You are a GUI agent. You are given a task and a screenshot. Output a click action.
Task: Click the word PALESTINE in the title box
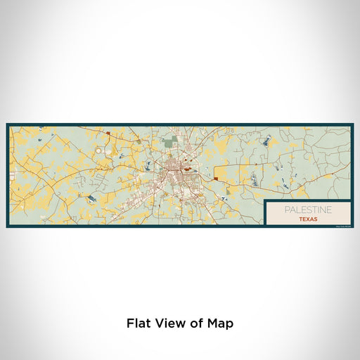point(307,210)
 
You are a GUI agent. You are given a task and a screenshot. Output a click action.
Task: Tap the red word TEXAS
point(307,219)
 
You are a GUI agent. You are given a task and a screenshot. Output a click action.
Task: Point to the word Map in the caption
point(221,323)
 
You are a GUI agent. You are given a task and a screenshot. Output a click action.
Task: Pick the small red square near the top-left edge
point(108,132)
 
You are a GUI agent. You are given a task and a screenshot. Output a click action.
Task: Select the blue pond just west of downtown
point(149,167)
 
